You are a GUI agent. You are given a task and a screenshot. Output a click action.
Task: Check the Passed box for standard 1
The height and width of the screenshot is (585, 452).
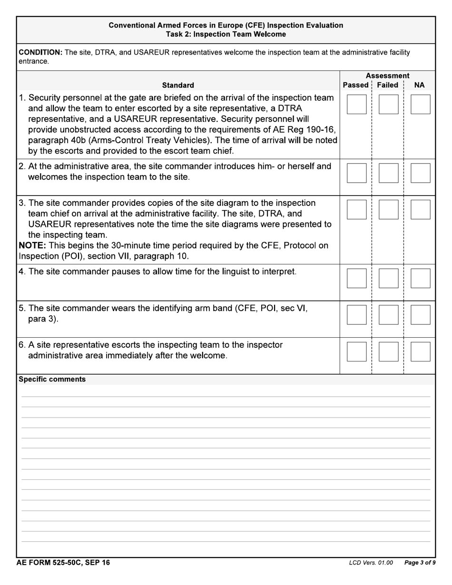356,104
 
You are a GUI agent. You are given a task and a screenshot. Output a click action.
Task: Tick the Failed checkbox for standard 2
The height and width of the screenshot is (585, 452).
388,173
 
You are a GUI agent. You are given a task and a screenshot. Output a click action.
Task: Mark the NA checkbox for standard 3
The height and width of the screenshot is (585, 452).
420,209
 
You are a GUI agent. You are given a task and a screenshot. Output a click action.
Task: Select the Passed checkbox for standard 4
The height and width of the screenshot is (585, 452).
356,278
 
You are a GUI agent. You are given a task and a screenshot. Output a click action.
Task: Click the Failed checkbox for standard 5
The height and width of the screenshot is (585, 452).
388,315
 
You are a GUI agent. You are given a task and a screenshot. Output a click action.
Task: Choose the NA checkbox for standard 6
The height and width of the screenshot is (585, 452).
420,351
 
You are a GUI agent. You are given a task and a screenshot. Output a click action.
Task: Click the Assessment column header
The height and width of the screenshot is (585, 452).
387,76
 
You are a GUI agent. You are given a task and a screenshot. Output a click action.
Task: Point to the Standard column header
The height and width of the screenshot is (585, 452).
178,86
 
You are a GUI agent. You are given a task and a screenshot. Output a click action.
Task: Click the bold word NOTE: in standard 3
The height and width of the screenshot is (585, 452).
31,246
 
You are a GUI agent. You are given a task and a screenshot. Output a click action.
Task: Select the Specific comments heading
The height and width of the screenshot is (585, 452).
52,380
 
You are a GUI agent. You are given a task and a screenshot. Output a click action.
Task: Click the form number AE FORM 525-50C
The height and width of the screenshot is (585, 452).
63,563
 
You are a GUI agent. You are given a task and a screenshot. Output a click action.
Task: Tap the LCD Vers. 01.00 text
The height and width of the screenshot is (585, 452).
371,563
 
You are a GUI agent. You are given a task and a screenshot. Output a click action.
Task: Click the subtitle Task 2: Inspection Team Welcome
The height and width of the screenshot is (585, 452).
226,34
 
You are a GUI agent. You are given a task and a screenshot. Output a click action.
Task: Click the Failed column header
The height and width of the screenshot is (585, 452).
387,85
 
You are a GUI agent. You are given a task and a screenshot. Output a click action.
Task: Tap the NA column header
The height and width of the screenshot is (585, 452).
419,85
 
